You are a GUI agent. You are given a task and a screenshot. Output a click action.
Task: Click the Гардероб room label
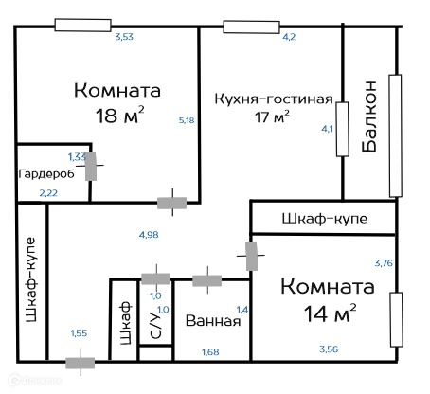coord(46,174)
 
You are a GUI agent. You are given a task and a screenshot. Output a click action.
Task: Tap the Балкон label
coord(368,116)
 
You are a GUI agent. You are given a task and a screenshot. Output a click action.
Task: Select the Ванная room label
coord(213,321)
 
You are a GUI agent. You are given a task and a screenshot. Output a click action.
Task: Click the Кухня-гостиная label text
coord(274,98)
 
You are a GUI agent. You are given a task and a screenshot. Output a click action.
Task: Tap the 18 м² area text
coord(119,116)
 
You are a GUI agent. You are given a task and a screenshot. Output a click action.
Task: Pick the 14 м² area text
coord(330,313)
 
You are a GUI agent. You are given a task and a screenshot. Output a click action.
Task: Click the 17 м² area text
coord(272,117)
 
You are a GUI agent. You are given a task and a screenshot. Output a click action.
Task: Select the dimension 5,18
coord(187,120)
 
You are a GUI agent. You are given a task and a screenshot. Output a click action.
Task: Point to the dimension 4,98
coord(149,235)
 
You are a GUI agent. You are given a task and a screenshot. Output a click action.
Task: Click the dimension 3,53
coord(124,37)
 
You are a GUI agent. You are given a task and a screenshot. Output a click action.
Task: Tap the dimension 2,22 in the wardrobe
coord(48,193)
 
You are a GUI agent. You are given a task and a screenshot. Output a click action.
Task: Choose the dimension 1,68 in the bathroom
coord(210,351)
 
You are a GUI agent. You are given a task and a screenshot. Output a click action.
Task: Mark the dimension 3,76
coord(384,263)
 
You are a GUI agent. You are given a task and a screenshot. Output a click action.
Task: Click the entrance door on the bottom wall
coord(81,363)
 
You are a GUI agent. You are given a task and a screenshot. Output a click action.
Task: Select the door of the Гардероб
coord(91,166)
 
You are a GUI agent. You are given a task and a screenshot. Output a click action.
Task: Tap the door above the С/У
coord(156,278)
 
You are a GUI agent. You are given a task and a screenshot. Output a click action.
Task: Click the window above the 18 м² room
coord(82,25)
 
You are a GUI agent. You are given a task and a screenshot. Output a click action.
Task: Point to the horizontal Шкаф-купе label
coord(325,219)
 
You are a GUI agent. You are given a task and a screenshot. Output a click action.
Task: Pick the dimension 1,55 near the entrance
coord(79,333)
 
